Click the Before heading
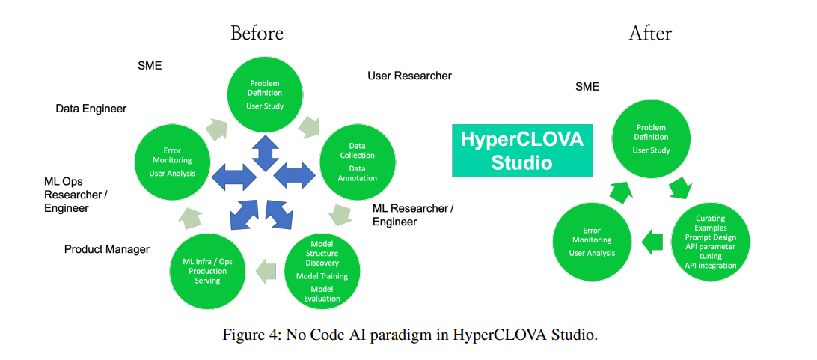(257, 33)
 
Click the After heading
(649, 33)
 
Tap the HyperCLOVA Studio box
(521, 150)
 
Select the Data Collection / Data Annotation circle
(357, 161)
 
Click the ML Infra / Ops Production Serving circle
(207, 270)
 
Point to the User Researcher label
(409, 76)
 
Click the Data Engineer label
(91, 109)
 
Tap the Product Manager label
(107, 248)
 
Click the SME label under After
(587, 86)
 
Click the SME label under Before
(150, 66)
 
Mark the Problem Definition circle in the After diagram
(651, 138)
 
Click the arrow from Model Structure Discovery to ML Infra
(265, 269)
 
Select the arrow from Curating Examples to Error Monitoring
(653, 241)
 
